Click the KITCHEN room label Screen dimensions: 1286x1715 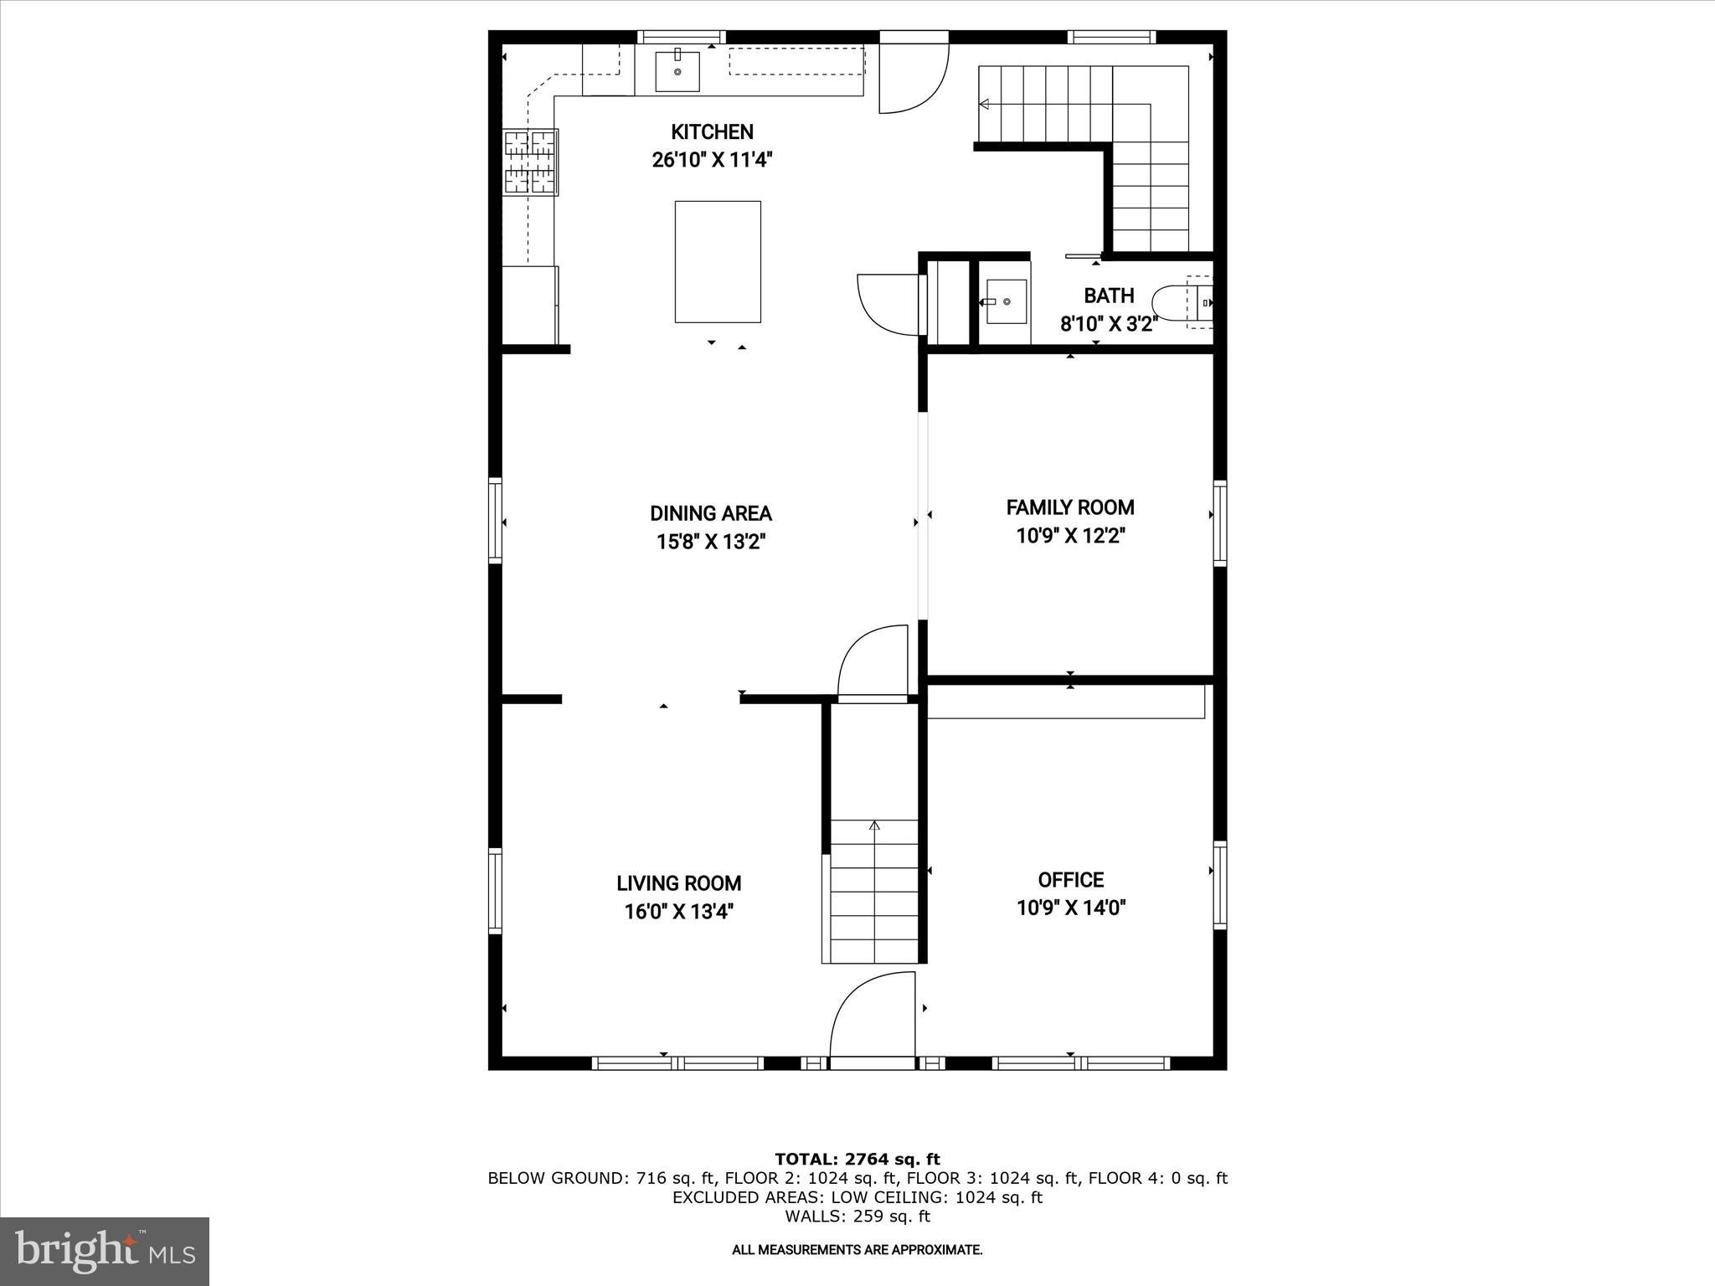pyautogui.click(x=712, y=131)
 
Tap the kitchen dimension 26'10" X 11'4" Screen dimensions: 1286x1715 pyautogui.click(x=712, y=160)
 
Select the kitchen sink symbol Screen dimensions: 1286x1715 pyautogui.click(x=677, y=71)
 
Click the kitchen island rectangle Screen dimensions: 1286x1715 pyautogui.click(x=718, y=261)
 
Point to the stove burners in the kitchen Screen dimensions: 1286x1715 pyautogui.click(x=530, y=162)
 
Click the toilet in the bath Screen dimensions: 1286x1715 pyautogui.click(x=1181, y=302)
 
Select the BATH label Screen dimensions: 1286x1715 pyautogui.click(x=1109, y=296)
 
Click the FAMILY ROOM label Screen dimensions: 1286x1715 pyautogui.click(x=1070, y=507)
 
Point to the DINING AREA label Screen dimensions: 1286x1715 pyautogui.click(x=711, y=513)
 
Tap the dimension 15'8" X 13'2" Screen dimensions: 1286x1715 pyautogui.click(x=711, y=543)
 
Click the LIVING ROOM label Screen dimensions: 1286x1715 pyautogui.click(x=678, y=883)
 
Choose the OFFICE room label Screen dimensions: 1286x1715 pyautogui.click(x=1070, y=880)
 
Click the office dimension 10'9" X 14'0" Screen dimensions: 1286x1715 pyautogui.click(x=1070, y=908)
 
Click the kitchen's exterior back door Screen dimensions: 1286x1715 pyautogui.click(x=913, y=75)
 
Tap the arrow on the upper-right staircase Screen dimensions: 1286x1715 pyautogui.click(x=985, y=105)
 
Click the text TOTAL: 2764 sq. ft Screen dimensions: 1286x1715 pyautogui.click(x=857, y=1160)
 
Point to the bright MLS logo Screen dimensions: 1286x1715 pyautogui.click(x=105, y=1251)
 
